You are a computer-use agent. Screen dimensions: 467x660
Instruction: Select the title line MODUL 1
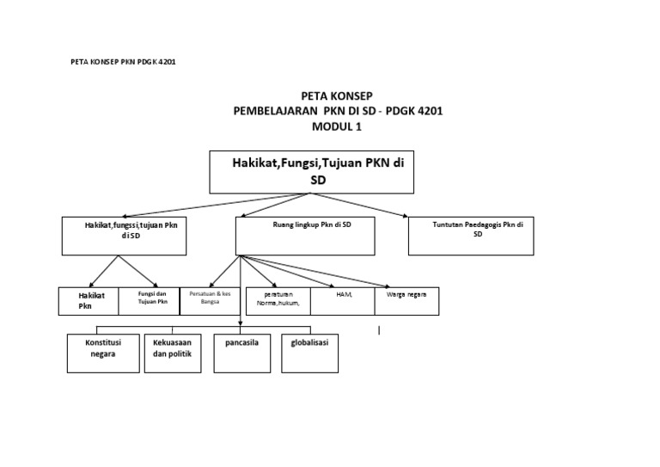coord(338,126)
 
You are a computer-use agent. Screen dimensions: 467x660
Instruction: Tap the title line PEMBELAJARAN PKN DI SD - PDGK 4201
coord(338,112)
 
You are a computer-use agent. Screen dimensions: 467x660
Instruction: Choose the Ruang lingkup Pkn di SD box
coord(305,236)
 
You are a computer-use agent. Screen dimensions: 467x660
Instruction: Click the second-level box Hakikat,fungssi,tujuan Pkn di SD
coord(125,236)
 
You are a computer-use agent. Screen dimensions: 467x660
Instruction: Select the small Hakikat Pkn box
coord(88,300)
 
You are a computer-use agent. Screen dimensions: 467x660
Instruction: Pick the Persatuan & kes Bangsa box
coord(211,300)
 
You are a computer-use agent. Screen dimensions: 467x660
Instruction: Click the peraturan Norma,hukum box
coord(277,300)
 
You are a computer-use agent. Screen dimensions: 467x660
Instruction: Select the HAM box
coord(342,300)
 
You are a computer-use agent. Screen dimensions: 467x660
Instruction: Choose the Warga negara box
coord(406,300)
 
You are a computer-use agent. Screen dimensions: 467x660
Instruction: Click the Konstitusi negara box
coord(103,353)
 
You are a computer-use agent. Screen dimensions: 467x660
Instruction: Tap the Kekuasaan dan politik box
coord(171,353)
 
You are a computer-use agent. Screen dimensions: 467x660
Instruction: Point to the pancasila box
coord(242,353)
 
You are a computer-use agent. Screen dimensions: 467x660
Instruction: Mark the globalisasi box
coord(311,353)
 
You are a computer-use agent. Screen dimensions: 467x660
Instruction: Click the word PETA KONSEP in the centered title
coord(338,96)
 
